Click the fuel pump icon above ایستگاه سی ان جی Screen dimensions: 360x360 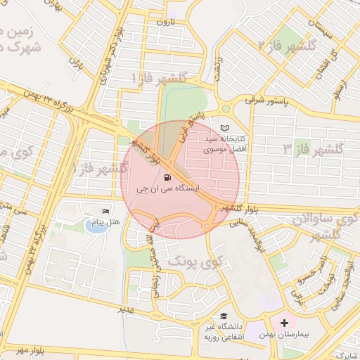click(167, 176)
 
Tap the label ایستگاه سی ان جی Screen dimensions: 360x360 click(167, 188)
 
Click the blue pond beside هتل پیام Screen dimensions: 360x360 click(93, 226)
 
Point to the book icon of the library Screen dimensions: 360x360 click(224, 128)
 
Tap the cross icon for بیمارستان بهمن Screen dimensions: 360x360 click(284, 323)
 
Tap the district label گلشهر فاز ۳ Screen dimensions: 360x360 click(312, 149)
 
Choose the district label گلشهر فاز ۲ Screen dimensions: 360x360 click(283, 45)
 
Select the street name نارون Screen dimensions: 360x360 click(163, 22)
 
